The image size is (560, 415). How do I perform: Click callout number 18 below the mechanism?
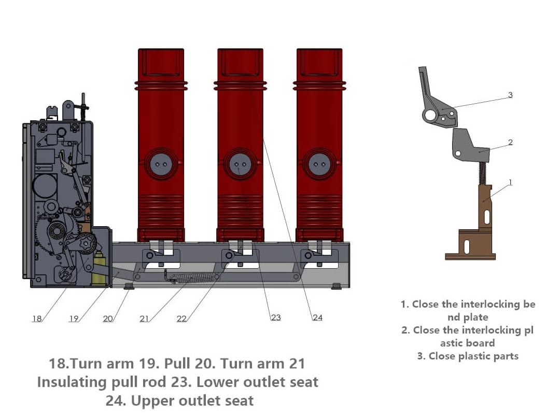37,319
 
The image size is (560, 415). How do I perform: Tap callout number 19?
74,319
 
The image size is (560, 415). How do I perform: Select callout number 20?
108,319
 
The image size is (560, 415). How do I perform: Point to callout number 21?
145,319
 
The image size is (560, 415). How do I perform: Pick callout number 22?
181,319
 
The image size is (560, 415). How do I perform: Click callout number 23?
276,317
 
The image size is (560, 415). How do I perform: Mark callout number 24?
317,317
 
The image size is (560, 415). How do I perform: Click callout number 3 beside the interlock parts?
510,95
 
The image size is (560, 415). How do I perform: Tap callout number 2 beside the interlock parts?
510,142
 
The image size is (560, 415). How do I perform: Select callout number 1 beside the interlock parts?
510,182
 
